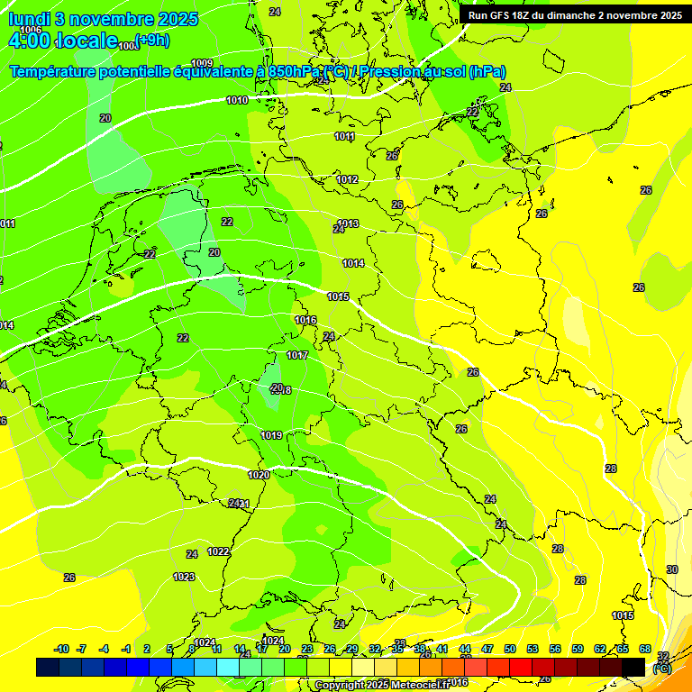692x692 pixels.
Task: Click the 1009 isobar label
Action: (x=202, y=63)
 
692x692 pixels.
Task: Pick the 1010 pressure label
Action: (x=237, y=100)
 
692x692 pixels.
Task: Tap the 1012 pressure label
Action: (x=348, y=179)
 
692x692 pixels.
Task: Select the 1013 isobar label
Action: (x=349, y=223)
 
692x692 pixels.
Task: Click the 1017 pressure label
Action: (x=297, y=356)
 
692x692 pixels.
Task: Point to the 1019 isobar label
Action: (x=271, y=435)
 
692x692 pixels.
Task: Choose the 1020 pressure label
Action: (x=259, y=475)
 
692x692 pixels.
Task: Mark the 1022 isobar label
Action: (x=218, y=551)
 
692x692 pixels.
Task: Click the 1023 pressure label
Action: (x=184, y=577)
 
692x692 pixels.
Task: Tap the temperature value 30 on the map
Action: (x=671, y=569)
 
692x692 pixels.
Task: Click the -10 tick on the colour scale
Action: (x=61, y=649)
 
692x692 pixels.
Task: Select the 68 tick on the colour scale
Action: (x=645, y=649)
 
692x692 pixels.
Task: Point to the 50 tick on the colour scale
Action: (x=510, y=649)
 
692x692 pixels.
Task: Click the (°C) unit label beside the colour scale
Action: (x=661, y=669)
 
